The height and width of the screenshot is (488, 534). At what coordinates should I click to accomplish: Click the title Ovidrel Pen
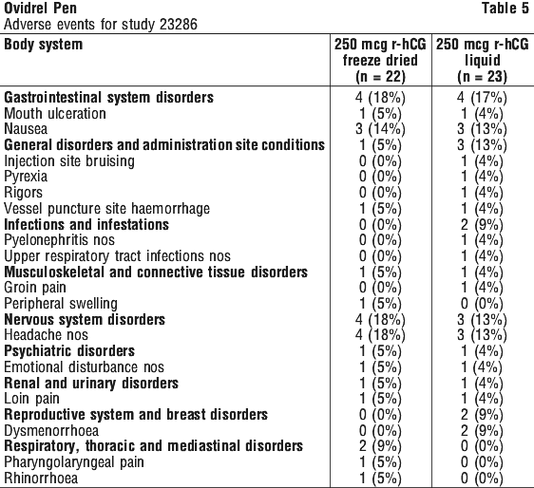click(x=40, y=9)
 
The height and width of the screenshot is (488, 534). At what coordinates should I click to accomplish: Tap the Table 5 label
click(x=505, y=9)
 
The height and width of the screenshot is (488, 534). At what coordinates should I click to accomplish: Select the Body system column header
click(x=44, y=45)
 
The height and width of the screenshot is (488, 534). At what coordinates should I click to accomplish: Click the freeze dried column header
click(x=380, y=61)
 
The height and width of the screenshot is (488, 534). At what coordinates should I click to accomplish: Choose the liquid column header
click(x=483, y=61)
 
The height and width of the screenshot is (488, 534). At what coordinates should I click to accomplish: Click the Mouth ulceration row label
click(x=55, y=113)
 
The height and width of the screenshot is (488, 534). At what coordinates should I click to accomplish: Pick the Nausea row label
click(x=26, y=129)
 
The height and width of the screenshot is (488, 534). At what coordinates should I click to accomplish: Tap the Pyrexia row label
click(x=26, y=177)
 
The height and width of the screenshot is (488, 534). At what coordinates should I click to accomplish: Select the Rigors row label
click(x=23, y=193)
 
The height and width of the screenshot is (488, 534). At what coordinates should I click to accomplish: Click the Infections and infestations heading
click(x=86, y=225)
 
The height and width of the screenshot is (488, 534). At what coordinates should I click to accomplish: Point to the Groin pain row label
click(x=35, y=288)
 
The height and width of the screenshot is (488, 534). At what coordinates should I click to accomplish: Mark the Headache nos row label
click(x=46, y=335)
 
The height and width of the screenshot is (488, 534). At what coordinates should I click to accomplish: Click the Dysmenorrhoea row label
click(x=51, y=431)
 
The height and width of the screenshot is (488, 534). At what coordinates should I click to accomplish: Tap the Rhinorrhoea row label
click(x=41, y=479)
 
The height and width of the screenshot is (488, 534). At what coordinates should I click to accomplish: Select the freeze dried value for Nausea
click(x=380, y=130)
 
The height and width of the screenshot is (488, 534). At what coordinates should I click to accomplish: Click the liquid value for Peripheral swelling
click(x=482, y=304)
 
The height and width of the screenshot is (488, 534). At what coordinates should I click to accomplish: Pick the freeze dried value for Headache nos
click(x=380, y=335)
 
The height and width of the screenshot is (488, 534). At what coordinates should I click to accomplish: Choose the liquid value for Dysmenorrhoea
click(x=482, y=431)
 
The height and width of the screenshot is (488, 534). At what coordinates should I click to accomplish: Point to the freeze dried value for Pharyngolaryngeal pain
click(x=380, y=462)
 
